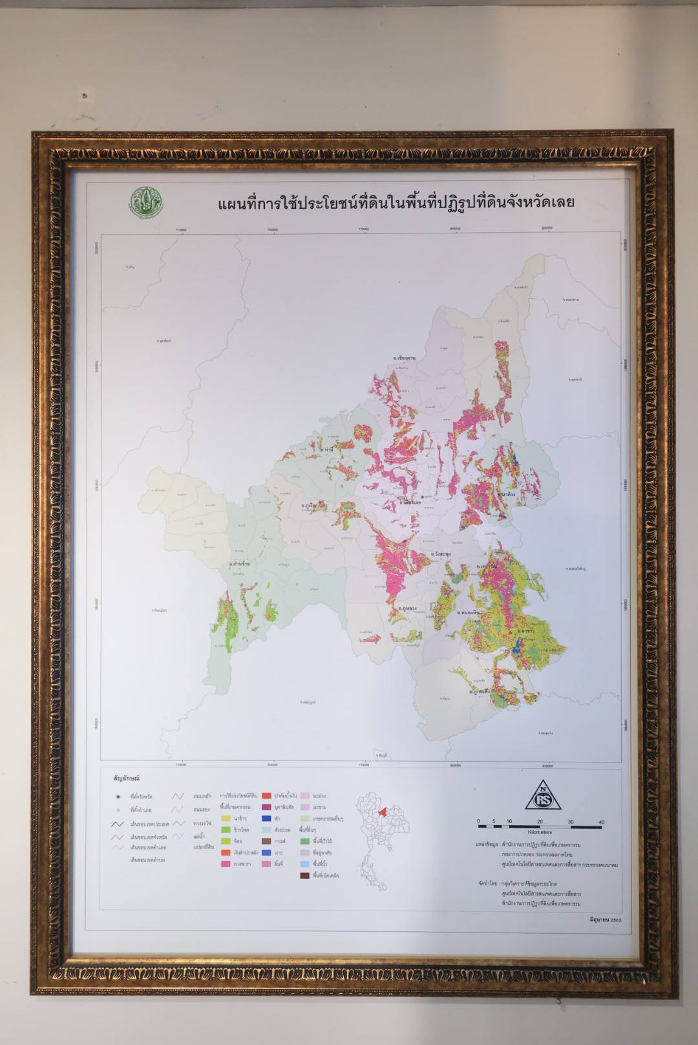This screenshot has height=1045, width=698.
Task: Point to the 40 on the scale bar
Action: click(x=601, y=822)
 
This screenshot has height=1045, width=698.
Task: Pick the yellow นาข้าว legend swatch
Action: click(x=226, y=818)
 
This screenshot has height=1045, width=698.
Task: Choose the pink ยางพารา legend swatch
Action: click(x=226, y=864)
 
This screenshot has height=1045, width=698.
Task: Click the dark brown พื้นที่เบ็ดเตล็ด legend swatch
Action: click(x=304, y=876)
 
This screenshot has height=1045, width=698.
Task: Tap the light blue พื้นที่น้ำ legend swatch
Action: click(x=304, y=864)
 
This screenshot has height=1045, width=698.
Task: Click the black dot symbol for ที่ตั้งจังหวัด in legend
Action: click(x=118, y=797)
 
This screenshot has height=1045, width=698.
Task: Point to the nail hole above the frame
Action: click(x=85, y=95)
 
